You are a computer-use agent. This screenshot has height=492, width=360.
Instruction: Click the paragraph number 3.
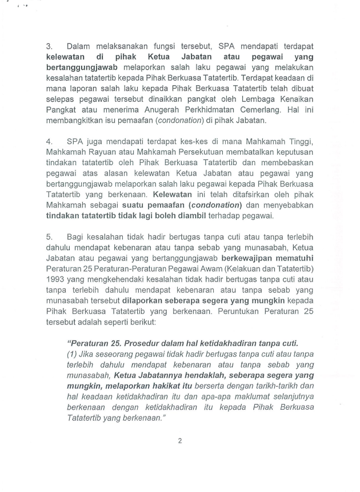click(x=49, y=45)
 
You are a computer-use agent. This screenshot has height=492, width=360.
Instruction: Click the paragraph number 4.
click(x=49, y=141)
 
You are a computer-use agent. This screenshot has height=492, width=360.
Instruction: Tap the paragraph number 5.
click(x=49, y=237)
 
